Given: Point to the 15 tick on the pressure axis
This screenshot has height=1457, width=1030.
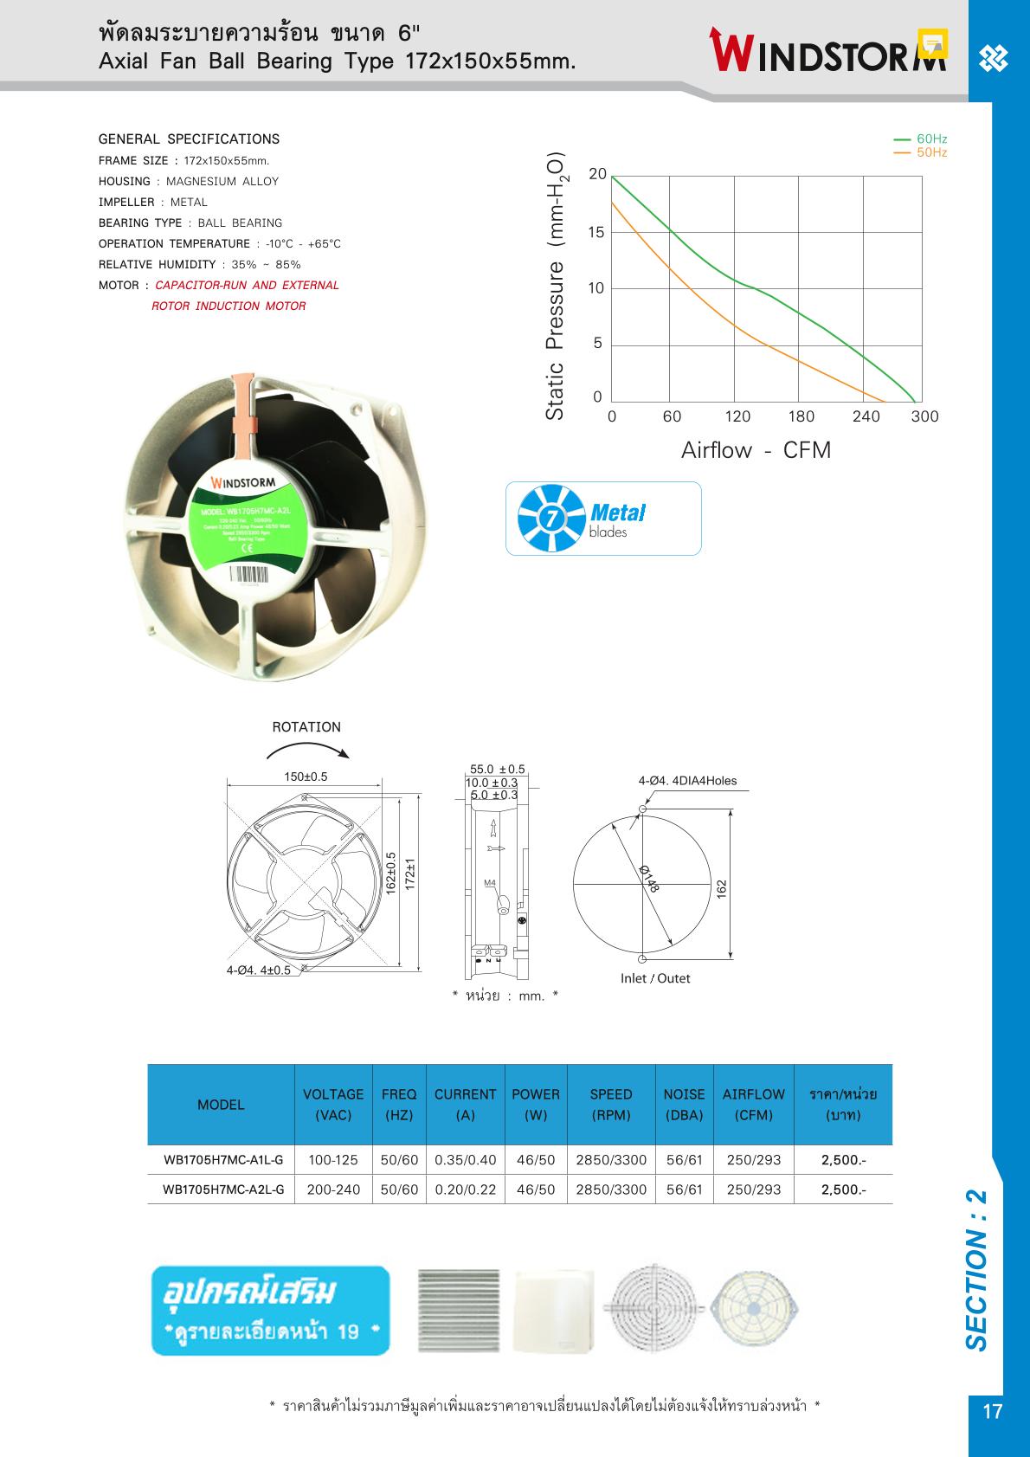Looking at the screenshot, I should click(596, 232).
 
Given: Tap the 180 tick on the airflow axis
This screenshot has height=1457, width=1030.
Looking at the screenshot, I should click(801, 416).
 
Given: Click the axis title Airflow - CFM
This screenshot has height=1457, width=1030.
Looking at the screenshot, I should click(756, 450).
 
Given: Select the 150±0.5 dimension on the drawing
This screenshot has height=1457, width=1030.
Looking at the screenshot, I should click(306, 777).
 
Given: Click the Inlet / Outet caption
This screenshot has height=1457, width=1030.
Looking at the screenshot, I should click(655, 978).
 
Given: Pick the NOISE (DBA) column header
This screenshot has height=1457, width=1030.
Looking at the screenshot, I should click(684, 1105).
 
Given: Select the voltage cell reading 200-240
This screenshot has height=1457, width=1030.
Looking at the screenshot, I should click(333, 1189).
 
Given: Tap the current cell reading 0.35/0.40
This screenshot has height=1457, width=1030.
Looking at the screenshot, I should click(466, 1160).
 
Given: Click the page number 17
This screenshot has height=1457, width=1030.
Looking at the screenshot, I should click(993, 1412).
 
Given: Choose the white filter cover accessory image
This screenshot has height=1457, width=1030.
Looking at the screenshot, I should click(554, 1311).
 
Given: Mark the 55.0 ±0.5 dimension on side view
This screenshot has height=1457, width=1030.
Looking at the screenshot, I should click(497, 770).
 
